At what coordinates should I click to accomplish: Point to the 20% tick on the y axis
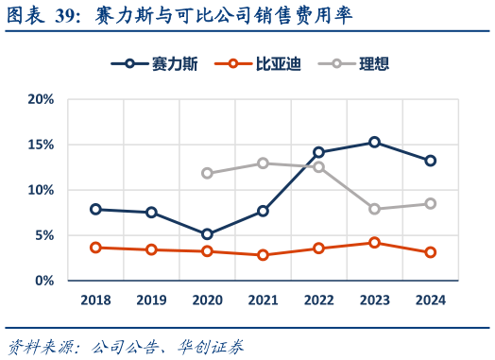click(x=40, y=99)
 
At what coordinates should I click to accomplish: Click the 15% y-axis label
click(x=40, y=145)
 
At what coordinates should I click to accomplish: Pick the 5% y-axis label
click(x=43, y=235)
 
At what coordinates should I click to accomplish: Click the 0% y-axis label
click(x=43, y=281)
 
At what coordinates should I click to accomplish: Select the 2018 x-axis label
click(x=95, y=300)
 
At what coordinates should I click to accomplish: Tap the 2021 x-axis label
click(x=263, y=300)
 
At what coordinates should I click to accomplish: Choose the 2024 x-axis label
click(x=430, y=300)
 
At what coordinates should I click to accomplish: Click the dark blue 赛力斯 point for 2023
click(x=374, y=142)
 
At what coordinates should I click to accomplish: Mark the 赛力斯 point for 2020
click(x=207, y=234)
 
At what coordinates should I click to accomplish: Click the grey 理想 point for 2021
click(x=263, y=163)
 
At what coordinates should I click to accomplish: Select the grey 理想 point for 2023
click(x=374, y=209)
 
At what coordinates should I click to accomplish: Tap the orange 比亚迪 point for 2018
click(x=95, y=248)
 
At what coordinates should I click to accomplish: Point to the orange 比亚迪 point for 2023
click(x=374, y=243)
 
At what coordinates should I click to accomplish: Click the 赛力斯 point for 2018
click(x=95, y=209)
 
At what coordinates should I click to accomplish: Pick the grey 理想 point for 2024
click(x=430, y=203)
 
